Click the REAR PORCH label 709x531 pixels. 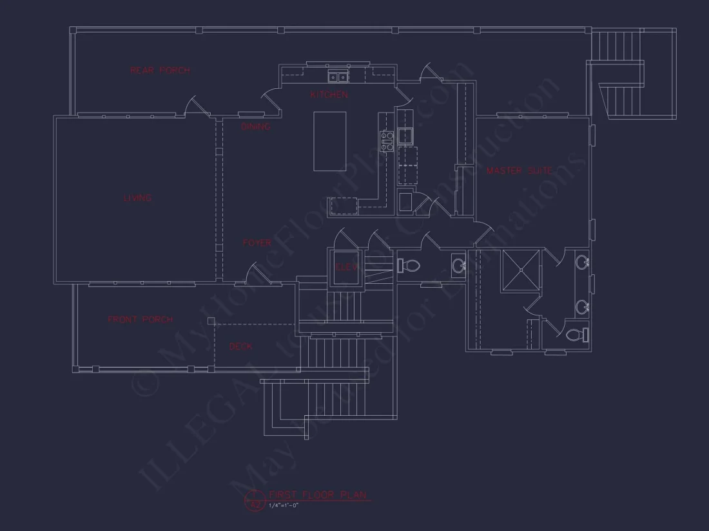click(160, 70)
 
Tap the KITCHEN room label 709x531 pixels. click(329, 95)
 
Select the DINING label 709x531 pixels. click(255, 127)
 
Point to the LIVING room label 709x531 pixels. click(137, 198)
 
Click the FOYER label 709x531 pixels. click(257, 243)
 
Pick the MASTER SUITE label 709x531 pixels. click(519, 171)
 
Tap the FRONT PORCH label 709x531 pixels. click(140, 319)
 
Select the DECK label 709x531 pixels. click(240, 346)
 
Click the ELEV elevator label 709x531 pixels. click(346, 266)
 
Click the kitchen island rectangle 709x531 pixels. click(329, 141)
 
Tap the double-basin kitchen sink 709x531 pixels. click(338, 78)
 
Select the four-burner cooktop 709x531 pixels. click(387, 141)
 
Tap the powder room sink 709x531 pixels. click(460, 265)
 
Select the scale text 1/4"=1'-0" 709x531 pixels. click(284, 505)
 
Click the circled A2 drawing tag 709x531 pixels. click(254, 500)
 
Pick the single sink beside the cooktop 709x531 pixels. click(405, 135)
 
